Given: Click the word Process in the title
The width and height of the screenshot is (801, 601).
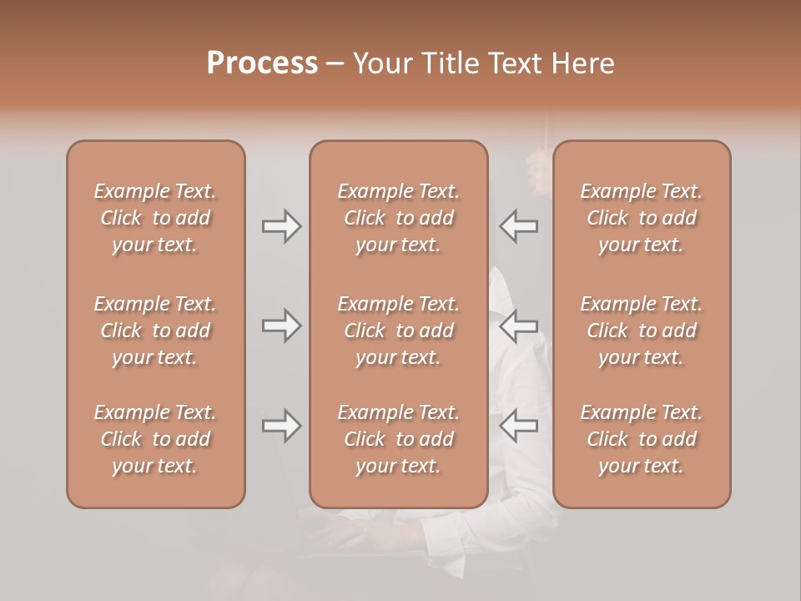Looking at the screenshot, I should [x=262, y=63].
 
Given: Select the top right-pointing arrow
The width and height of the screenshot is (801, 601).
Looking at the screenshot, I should [x=281, y=226].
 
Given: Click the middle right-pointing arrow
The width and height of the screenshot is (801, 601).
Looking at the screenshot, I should [x=281, y=326].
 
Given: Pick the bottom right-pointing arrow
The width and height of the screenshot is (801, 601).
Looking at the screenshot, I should [x=281, y=426].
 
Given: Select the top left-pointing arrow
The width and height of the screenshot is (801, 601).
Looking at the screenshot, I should [x=518, y=226].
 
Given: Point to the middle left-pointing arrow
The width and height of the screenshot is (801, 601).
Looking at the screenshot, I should [x=518, y=326].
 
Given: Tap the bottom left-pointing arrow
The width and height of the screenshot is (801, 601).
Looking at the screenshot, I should [x=518, y=426].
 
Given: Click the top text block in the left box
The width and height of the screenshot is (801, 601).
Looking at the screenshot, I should [x=155, y=218].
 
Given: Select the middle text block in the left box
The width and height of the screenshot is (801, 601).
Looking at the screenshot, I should [x=155, y=331].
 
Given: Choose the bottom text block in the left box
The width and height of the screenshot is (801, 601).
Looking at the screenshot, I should [x=155, y=439].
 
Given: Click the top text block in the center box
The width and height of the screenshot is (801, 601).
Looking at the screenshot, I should [x=398, y=218].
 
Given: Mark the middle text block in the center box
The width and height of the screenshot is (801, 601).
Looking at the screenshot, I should [x=398, y=331].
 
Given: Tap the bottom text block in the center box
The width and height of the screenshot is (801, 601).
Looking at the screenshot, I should [x=398, y=439].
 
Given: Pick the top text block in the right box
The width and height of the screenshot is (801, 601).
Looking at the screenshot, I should [x=641, y=218].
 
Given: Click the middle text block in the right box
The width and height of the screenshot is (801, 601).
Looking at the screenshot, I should [x=641, y=331].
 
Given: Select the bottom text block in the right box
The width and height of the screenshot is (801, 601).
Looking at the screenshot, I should [x=641, y=439].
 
